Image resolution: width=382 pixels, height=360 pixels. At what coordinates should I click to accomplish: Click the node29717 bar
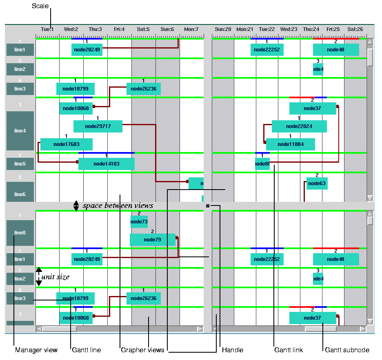tap(98, 126)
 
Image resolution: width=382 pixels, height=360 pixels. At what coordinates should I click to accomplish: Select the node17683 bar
tap(66, 144)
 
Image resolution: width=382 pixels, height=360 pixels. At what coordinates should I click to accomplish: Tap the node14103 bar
tap(106, 164)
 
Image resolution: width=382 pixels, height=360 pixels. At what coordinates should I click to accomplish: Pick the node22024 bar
tap(299, 126)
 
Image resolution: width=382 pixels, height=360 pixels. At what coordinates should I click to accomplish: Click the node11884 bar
tap(290, 144)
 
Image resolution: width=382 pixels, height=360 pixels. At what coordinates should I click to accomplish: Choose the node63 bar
tap(317, 183)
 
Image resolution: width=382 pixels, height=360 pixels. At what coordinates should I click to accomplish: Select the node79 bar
tap(152, 240)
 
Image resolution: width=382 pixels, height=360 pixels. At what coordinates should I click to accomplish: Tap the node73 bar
tap(139, 222)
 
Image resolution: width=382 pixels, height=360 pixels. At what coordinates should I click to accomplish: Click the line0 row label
tap(20, 233)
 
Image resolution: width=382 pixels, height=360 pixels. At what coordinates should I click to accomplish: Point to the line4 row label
tap(20, 131)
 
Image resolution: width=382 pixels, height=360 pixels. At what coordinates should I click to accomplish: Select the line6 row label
tap(20, 194)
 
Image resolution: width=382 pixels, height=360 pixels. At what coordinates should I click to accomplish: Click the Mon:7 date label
tap(191, 29)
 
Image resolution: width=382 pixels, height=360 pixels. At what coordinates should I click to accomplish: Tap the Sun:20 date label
tap(223, 29)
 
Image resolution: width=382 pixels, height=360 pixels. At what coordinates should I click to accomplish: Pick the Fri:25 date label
tap(333, 29)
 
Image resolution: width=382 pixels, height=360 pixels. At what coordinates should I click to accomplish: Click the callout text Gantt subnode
tap(347, 350)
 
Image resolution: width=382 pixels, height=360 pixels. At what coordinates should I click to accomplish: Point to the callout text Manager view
tap(36, 350)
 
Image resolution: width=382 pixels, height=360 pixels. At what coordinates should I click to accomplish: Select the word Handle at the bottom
tap(233, 350)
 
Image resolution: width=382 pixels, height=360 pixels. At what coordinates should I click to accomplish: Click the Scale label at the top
tap(40, 6)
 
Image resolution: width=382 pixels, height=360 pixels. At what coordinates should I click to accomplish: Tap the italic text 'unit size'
tap(56, 277)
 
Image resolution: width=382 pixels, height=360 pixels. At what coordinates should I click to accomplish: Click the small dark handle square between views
tap(208, 206)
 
